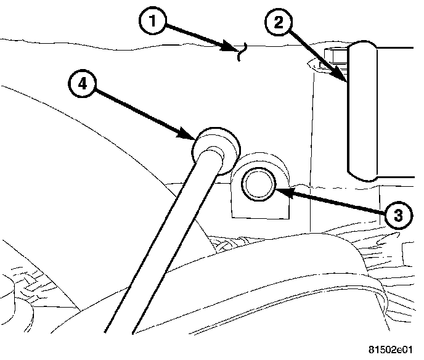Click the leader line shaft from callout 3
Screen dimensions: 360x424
point(333,202)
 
